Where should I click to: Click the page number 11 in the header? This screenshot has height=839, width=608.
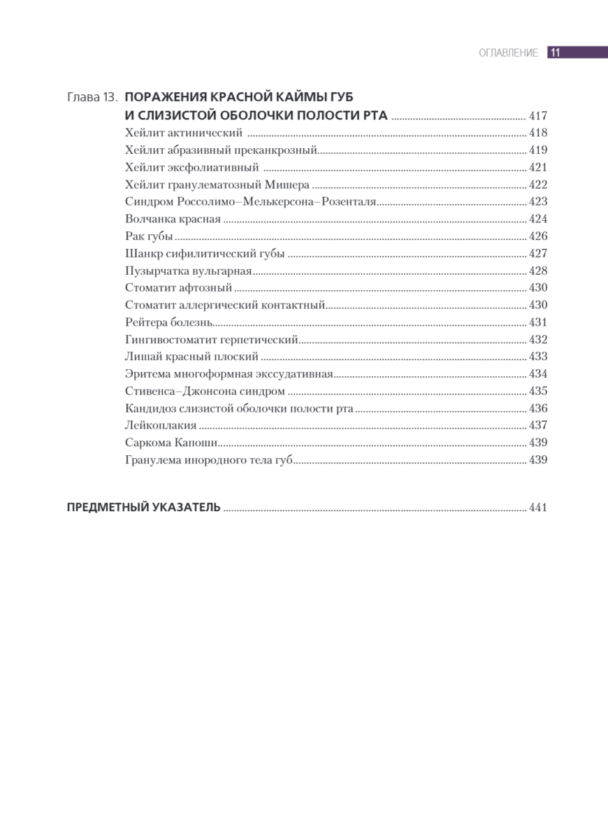pyautogui.click(x=556, y=52)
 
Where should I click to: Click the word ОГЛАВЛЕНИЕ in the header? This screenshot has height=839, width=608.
pyautogui.click(x=508, y=53)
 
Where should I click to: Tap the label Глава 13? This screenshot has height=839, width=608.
pyautogui.click(x=93, y=97)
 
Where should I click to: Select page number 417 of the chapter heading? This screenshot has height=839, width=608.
pyautogui.click(x=538, y=116)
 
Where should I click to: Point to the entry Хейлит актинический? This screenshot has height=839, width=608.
pyautogui.click(x=184, y=133)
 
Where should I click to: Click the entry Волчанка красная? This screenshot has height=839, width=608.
pyautogui.click(x=173, y=219)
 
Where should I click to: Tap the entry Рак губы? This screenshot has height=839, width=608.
pyautogui.click(x=149, y=236)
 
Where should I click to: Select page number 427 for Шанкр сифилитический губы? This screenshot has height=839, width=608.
pyautogui.click(x=538, y=254)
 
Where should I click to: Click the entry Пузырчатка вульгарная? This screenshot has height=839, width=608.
pyautogui.click(x=188, y=271)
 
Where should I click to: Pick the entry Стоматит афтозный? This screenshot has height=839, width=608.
pyautogui.click(x=178, y=288)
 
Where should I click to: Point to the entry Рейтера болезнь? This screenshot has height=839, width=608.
pyautogui.click(x=168, y=322)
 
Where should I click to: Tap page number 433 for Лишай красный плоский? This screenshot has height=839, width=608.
pyautogui.click(x=538, y=357)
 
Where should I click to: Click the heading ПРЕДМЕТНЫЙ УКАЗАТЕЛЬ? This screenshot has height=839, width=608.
pyautogui.click(x=143, y=508)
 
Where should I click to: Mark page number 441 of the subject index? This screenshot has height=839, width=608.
pyautogui.click(x=538, y=508)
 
